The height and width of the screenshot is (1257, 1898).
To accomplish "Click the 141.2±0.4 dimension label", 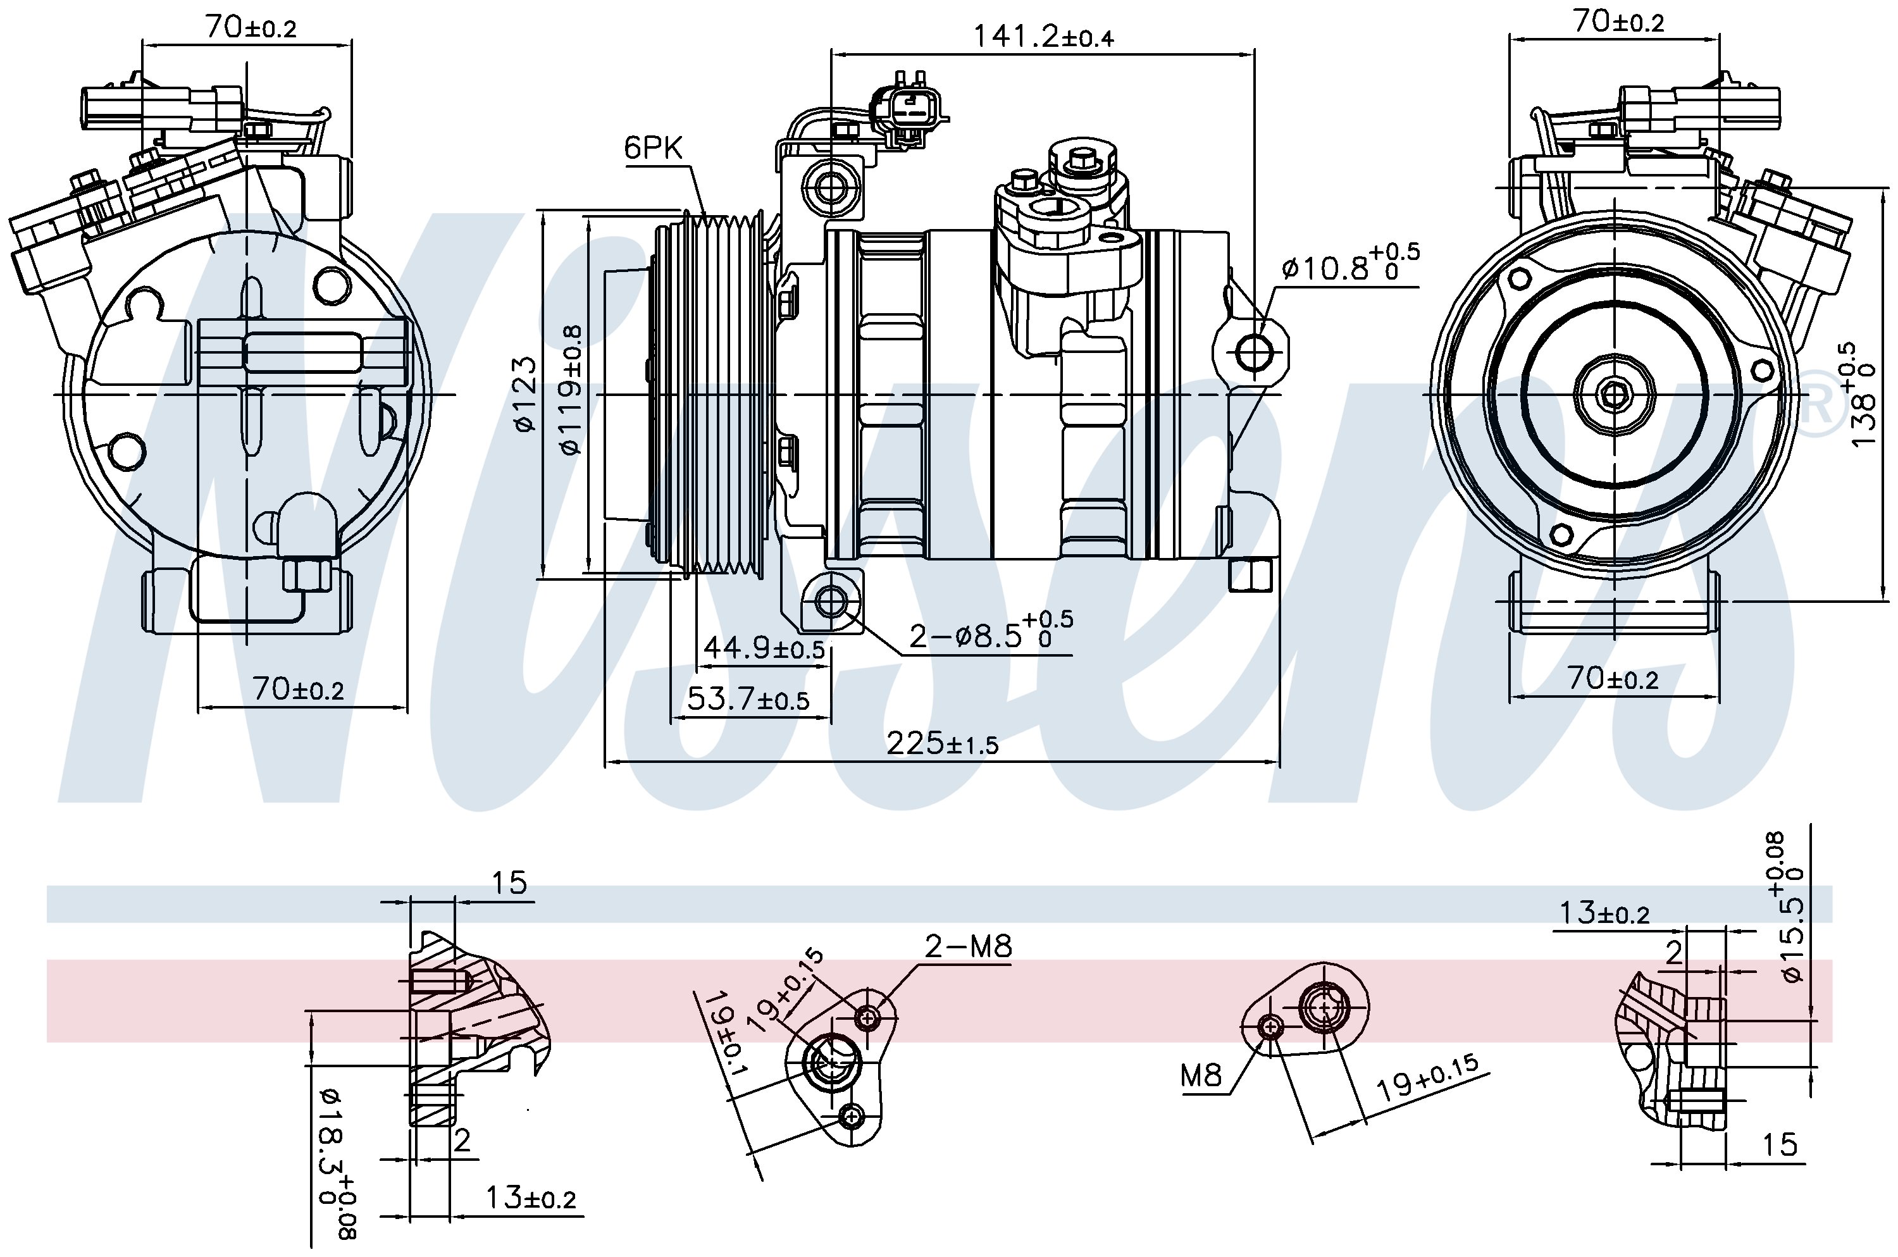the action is pos(1043,36).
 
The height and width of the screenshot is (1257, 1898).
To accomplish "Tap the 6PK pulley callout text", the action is pos(654,147).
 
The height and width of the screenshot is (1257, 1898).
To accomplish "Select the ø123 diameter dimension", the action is pos(525,394).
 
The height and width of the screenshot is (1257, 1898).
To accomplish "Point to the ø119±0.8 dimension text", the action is pos(571,390).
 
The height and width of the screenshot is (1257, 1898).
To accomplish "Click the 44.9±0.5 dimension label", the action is pos(764,647).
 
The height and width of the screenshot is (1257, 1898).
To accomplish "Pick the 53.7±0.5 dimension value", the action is pos(748,700).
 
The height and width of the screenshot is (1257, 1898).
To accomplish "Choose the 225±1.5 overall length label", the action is pos(943,744).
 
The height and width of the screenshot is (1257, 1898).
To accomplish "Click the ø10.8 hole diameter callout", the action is pos(1351,264).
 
